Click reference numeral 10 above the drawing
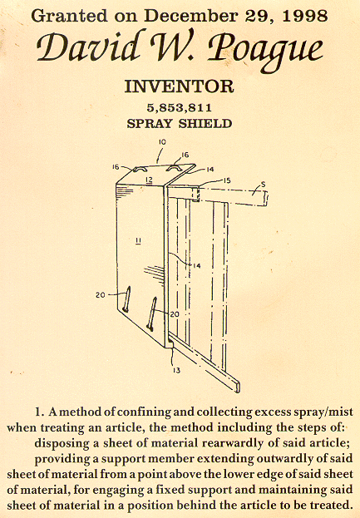pos(161,142)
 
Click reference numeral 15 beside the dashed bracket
pos(228,180)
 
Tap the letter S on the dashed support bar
pos(263,185)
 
